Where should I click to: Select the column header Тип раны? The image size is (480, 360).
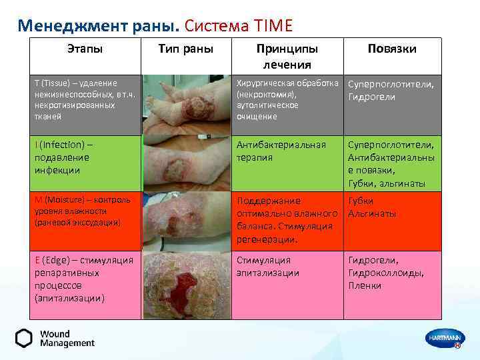click(x=185, y=49)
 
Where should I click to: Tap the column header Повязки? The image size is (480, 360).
click(x=392, y=49)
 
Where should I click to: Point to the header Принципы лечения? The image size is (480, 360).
click(x=287, y=57)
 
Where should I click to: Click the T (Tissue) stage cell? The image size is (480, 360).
click(x=85, y=100)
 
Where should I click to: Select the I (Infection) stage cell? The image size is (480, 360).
click(x=85, y=157)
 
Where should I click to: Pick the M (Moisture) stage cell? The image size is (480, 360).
click(x=85, y=211)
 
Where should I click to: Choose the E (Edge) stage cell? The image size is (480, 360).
click(x=85, y=279)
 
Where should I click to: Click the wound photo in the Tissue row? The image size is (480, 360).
click(x=185, y=105)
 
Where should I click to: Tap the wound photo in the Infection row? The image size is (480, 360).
click(x=185, y=163)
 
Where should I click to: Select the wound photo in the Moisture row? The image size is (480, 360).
click(x=185, y=221)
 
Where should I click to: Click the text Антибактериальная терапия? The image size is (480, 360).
click(x=281, y=151)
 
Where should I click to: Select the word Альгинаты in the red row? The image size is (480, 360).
click(x=372, y=214)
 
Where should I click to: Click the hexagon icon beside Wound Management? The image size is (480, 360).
click(x=24, y=339)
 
